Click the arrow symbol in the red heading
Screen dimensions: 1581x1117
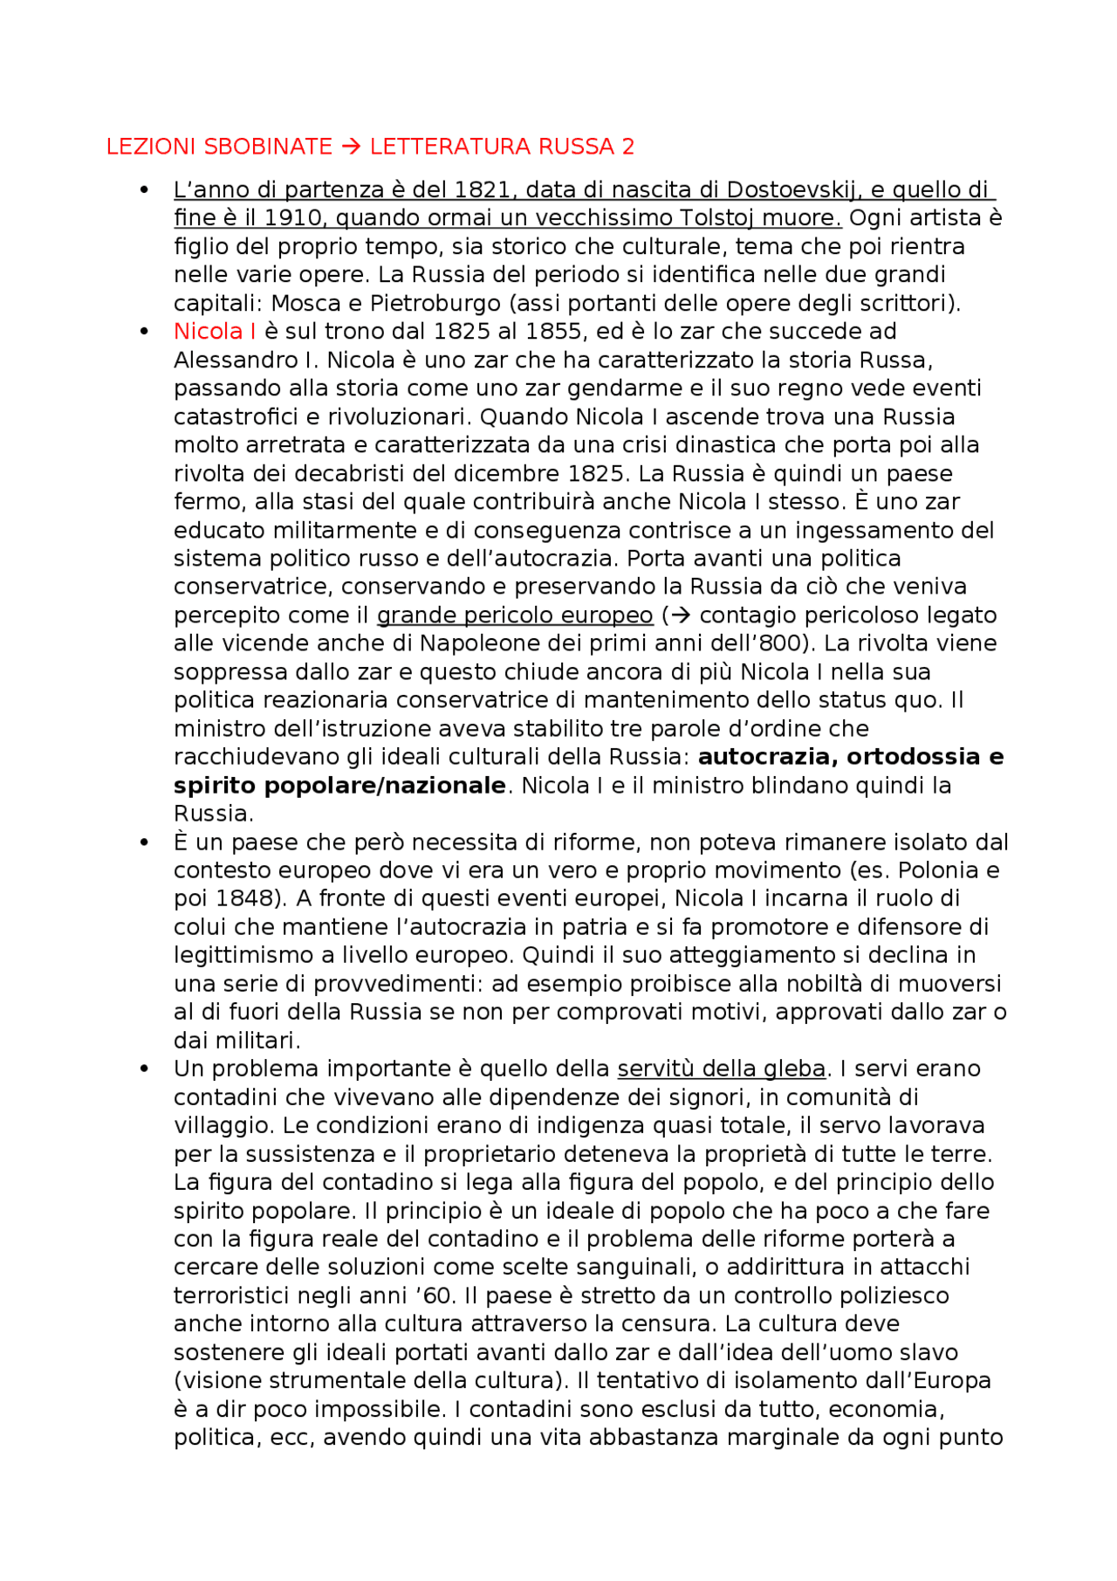(x=351, y=147)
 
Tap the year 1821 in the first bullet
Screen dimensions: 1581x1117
(x=477, y=189)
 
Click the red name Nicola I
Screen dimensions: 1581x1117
(x=215, y=332)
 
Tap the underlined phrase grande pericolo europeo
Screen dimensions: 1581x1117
(x=514, y=615)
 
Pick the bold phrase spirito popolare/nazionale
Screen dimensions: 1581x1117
(x=339, y=786)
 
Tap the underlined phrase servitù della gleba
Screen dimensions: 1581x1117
(x=721, y=1069)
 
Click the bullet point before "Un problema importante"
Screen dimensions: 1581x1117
(x=145, y=1069)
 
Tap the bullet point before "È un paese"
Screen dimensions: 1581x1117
(x=145, y=842)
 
